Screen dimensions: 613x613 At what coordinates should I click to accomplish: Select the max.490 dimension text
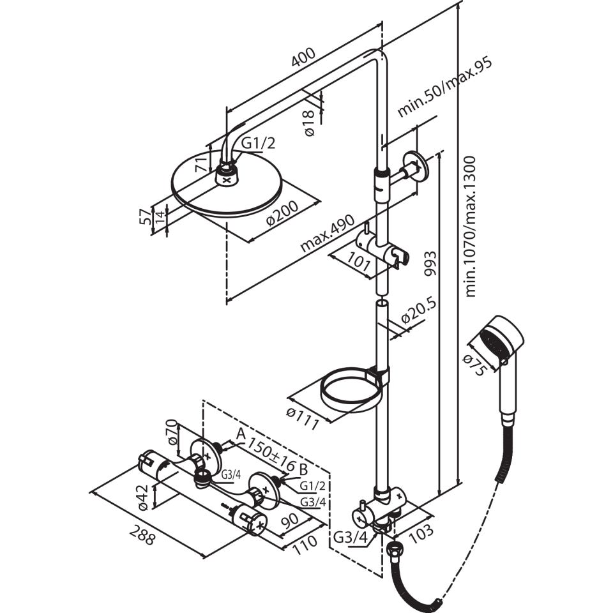coord(327,234)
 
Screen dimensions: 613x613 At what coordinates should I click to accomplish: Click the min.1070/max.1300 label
coord(471,226)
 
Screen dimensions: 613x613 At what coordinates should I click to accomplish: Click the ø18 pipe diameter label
coord(308,123)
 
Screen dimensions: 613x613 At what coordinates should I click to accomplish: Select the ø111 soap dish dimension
coord(303,418)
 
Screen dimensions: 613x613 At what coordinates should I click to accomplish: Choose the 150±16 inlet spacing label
coord(272,455)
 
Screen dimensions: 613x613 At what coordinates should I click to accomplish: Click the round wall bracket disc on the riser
coord(415,166)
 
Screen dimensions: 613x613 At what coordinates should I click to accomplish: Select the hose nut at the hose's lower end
coord(395,551)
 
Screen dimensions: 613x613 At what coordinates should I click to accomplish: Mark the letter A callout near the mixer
coord(241,434)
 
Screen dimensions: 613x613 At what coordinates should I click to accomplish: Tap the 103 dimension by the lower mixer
coord(421,533)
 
